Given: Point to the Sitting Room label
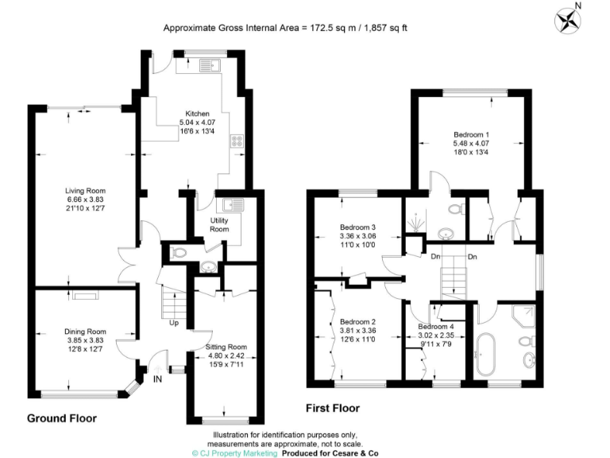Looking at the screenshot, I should (x=227, y=347).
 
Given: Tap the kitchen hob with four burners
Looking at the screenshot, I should (x=237, y=142).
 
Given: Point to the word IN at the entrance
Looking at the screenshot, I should (x=157, y=379).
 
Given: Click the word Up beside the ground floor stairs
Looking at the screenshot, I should (x=173, y=324).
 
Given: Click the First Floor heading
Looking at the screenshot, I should (x=333, y=409).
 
